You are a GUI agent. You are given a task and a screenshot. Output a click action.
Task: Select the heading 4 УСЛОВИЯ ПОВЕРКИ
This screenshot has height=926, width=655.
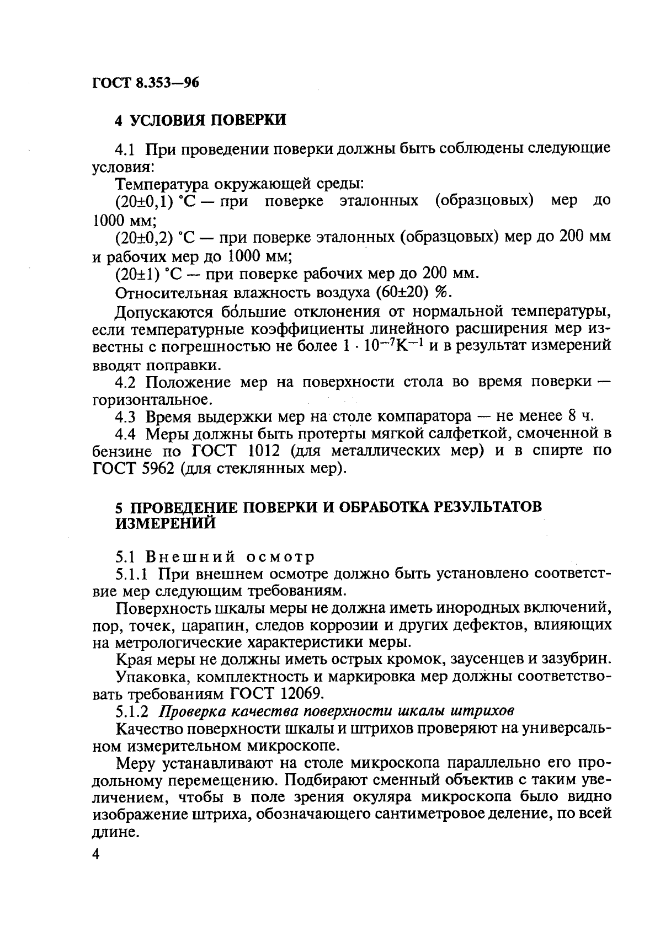coord(200,120)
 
